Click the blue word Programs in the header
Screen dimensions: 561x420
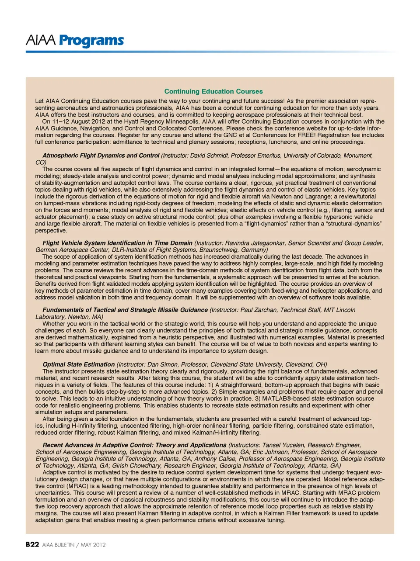91,41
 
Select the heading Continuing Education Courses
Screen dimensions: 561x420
213,91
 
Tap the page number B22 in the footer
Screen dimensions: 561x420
32,544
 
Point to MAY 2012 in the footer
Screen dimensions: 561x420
93,545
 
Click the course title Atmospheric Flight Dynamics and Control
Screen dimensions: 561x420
101,156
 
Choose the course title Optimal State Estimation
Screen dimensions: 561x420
79,364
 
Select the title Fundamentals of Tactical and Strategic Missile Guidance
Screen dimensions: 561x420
125,310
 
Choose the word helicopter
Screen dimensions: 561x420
318,291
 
